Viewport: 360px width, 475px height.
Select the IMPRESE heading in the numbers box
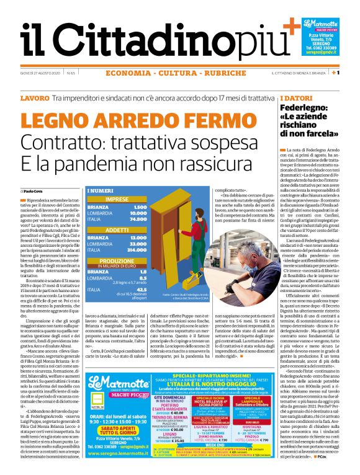pyautogui.click(x=117, y=199)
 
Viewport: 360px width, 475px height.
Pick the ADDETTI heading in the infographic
pyautogui.click(x=117, y=229)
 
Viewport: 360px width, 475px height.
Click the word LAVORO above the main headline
pyautogui.click(x=34, y=99)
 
